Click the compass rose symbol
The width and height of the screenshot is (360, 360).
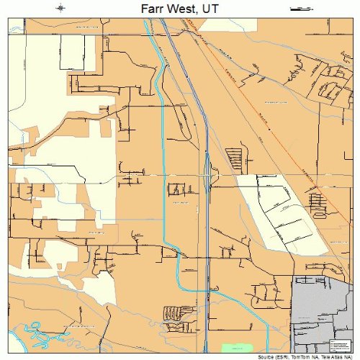pos(61,9)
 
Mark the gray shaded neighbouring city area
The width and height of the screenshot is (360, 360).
pos(324,302)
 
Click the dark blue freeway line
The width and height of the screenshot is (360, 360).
pos(207,216)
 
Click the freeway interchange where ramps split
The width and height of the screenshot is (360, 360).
pos(207,173)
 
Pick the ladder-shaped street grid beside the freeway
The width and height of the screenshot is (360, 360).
pos(235,158)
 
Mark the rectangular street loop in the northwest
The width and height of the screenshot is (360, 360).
pos(71,54)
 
